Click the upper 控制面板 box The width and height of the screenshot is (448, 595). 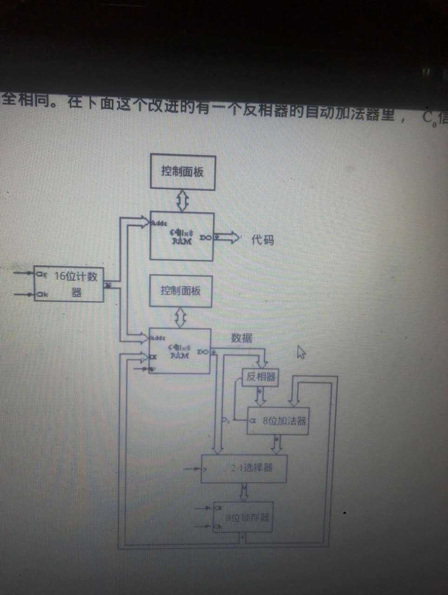pos(183,172)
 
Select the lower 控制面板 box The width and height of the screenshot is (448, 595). pos(181,291)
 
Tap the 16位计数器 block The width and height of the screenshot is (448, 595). pos(69,284)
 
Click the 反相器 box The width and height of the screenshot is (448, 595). pos(260,377)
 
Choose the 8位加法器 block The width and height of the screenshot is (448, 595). pos(278,421)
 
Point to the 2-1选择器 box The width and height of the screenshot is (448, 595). pos(244,468)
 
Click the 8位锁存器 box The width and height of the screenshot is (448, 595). pos(243,517)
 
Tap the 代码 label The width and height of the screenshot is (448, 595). pos(263,240)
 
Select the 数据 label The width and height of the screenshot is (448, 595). pos(242,338)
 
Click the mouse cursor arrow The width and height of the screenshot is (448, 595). pos(301,352)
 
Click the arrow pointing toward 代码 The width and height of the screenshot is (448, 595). pos(228,238)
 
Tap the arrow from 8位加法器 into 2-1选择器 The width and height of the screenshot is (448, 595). pos(277,445)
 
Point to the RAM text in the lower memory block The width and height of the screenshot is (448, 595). pos(179,356)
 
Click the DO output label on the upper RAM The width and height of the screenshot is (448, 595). pos(205,238)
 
